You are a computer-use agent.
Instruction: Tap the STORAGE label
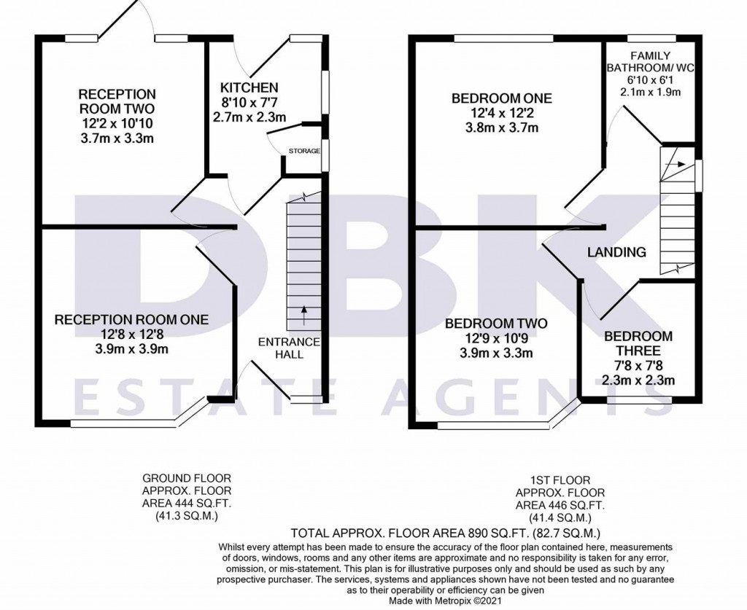(304, 151)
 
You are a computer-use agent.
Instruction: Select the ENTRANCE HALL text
(289, 348)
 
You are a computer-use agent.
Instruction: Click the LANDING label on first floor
(617, 252)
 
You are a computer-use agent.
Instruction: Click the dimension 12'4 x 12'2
(501, 114)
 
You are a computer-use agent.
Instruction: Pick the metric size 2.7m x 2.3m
(249, 117)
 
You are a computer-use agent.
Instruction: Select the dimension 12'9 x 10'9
(496, 339)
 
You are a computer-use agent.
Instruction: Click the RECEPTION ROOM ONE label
(131, 319)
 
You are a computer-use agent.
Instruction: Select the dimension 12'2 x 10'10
(117, 124)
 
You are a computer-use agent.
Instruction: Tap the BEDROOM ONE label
(501, 98)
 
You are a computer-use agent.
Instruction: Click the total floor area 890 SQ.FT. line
(445, 533)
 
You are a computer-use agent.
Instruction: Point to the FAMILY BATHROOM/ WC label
(651, 61)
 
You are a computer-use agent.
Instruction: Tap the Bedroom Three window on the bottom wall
(640, 399)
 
